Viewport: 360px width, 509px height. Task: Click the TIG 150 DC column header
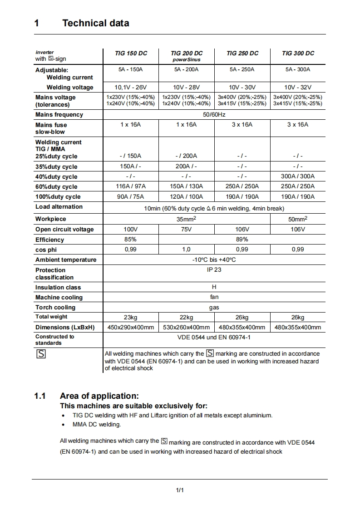(x=131, y=53)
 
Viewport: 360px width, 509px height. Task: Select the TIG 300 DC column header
(x=298, y=53)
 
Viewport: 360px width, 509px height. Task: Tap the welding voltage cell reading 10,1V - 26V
(x=131, y=87)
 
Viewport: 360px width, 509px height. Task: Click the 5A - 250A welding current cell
(x=242, y=69)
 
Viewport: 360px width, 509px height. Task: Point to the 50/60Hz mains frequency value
(x=214, y=114)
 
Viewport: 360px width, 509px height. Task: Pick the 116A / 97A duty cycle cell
(x=131, y=186)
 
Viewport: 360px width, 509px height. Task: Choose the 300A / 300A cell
(x=298, y=176)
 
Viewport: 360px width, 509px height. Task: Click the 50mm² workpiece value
(x=298, y=219)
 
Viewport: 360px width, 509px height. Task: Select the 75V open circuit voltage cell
(x=186, y=229)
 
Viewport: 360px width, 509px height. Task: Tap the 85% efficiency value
(x=130, y=239)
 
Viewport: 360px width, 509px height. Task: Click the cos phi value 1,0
(x=186, y=249)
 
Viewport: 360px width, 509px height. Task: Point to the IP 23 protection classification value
(x=214, y=269)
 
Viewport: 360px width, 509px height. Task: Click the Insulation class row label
(x=58, y=287)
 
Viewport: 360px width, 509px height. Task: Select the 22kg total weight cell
(x=186, y=317)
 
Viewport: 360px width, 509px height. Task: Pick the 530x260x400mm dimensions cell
(x=186, y=327)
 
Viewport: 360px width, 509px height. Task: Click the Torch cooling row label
(x=55, y=307)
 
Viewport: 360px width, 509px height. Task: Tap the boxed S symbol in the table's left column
(x=41, y=354)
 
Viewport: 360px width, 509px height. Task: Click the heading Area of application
(x=99, y=396)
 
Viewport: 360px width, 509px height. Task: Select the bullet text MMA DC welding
(x=97, y=425)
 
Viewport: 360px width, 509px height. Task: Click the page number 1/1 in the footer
(x=179, y=490)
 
